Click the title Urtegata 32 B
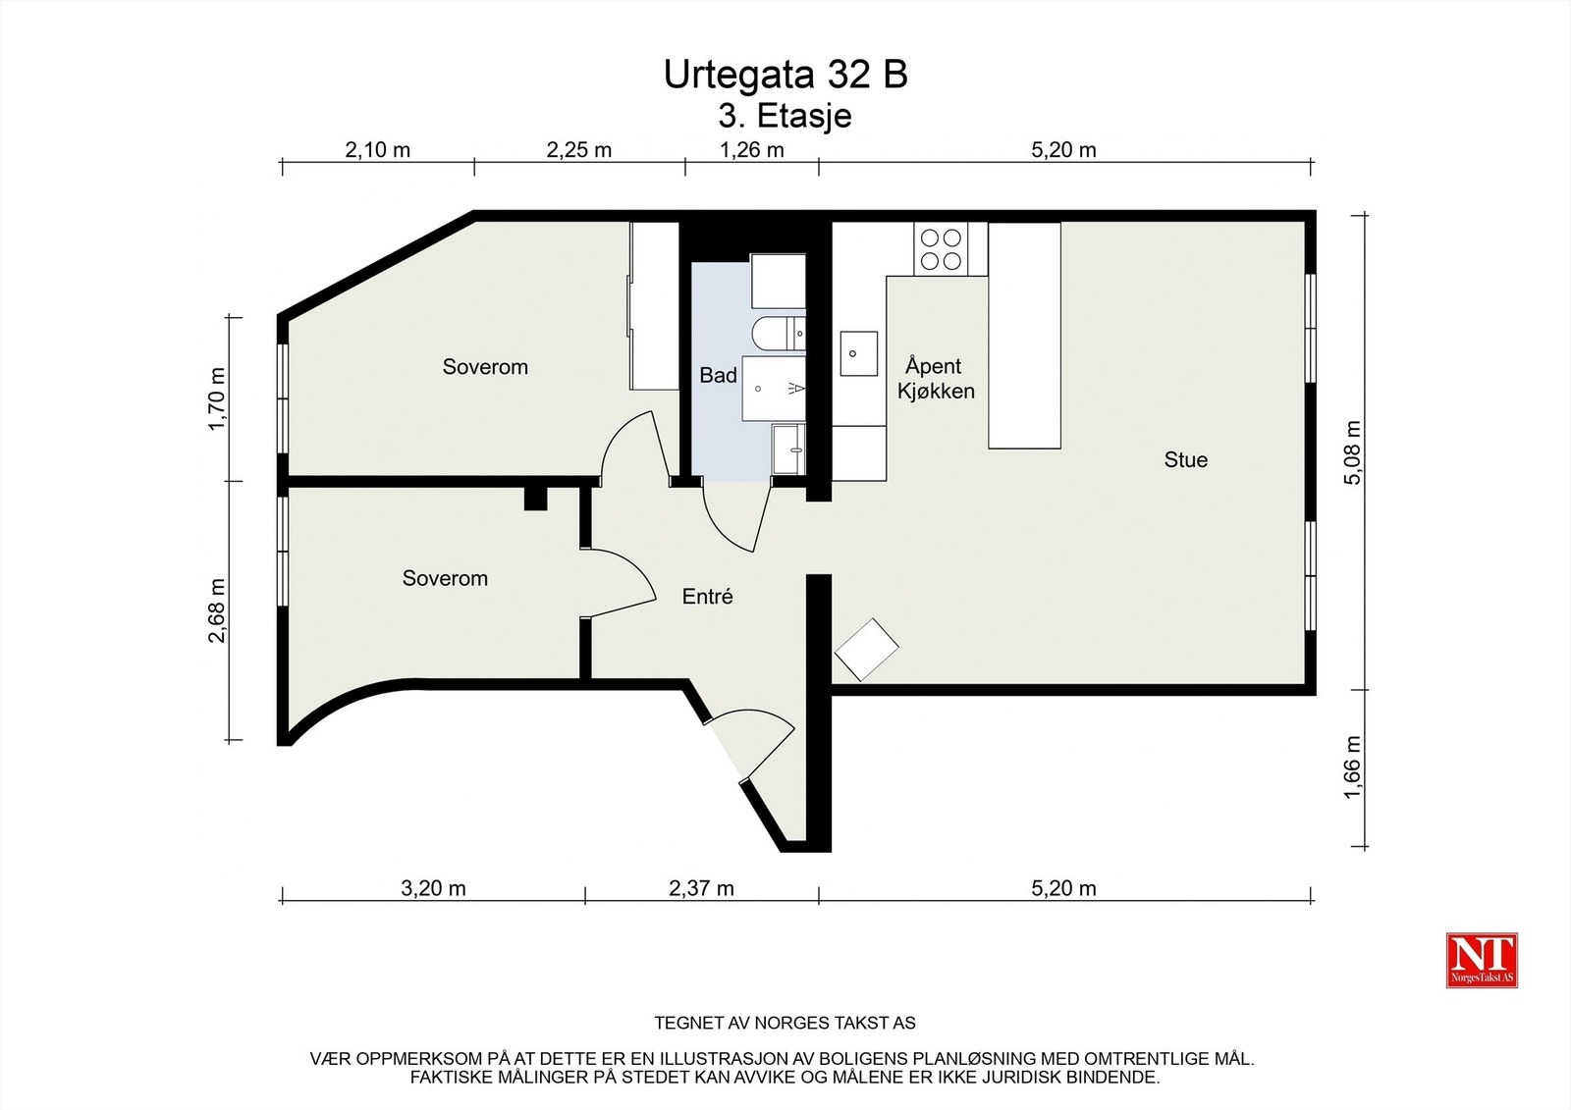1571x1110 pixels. (x=785, y=75)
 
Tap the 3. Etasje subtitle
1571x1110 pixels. (x=785, y=116)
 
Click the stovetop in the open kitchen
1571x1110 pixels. (x=941, y=249)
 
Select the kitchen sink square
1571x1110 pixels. (x=859, y=353)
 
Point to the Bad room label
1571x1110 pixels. (x=718, y=375)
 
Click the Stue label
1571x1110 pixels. (x=1186, y=459)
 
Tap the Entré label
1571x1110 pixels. (x=708, y=596)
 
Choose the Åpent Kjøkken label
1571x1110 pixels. (x=936, y=379)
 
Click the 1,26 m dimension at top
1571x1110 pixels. (x=752, y=150)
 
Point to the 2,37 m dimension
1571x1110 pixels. (x=701, y=888)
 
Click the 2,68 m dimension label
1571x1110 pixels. (x=217, y=610)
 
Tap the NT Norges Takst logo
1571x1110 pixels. (x=1482, y=960)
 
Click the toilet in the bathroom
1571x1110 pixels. (x=779, y=334)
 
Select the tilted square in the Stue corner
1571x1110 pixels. (x=867, y=650)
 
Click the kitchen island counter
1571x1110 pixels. (x=1024, y=336)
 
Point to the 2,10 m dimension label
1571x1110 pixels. (x=377, y=150)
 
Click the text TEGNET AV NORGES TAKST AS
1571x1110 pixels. (x=785, y=1023)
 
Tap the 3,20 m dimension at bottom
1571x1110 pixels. (x=433, y=888)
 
